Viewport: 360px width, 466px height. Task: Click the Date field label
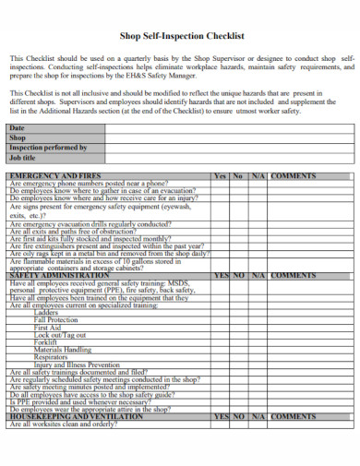pyautogui.click(x=17, y=127)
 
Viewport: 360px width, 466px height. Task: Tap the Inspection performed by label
pyautogui.click(x=47, y=147)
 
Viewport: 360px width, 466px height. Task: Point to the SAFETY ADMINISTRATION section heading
pyautogui.click(x=59, y=275)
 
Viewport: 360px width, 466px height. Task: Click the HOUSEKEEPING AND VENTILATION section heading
pyautogui.click(x=77, y=416)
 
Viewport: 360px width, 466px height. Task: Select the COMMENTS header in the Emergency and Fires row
pyautogui.click(x=294, y=174)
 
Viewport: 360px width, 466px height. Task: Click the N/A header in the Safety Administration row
pyautogui.click(x=258, y=275)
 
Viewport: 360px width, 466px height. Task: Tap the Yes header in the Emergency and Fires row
pyautogui.click(x=220, y=174)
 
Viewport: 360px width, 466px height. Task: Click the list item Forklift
pyautogui.click(x=46, y=343)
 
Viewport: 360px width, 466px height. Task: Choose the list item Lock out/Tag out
pyautogui.click(x=60, y=335)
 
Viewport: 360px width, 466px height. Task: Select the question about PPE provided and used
pyautogui.click(x=79, y=401)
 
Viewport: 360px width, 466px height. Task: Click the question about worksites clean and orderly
pyautogui.click(x=64, y=424)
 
